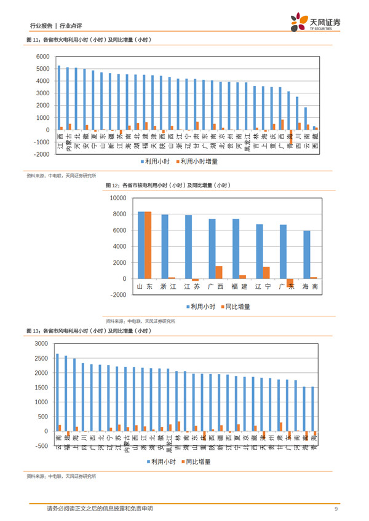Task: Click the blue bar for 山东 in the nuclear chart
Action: tap(141, 245)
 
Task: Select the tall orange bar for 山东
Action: tap(148, 245)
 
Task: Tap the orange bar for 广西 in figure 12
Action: tap(219, 272)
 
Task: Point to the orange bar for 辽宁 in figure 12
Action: tap(266, 273)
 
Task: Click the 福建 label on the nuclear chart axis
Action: tap(239, 287)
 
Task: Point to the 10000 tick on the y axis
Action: tap(117, 198)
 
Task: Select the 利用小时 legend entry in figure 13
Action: tap(165, 461)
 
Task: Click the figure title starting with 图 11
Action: tap(89, 40)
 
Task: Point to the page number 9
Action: tap(336, 509)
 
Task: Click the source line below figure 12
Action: tap(140, 321)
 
